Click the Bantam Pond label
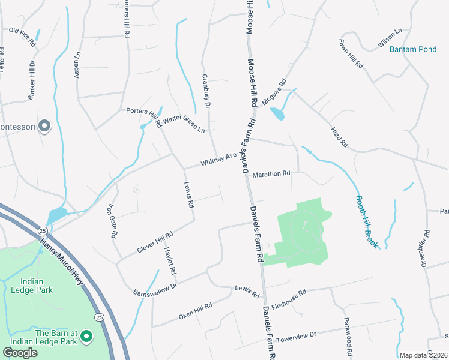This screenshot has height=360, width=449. tap(413, 49)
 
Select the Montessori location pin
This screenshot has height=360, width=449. tap(44, 127)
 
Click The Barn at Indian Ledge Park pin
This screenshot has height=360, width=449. tap(86, 337)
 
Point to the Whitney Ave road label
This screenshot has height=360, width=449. tap(218, 159)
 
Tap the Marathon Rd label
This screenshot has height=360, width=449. tap(271, 174)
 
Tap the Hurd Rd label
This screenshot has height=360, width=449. tap(339, 137)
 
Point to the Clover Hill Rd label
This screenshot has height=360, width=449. tap(155, 241)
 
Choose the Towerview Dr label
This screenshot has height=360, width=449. tap(296, 337)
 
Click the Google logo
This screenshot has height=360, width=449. tap(20, 352)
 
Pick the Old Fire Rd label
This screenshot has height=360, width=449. tap(22, 30)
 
